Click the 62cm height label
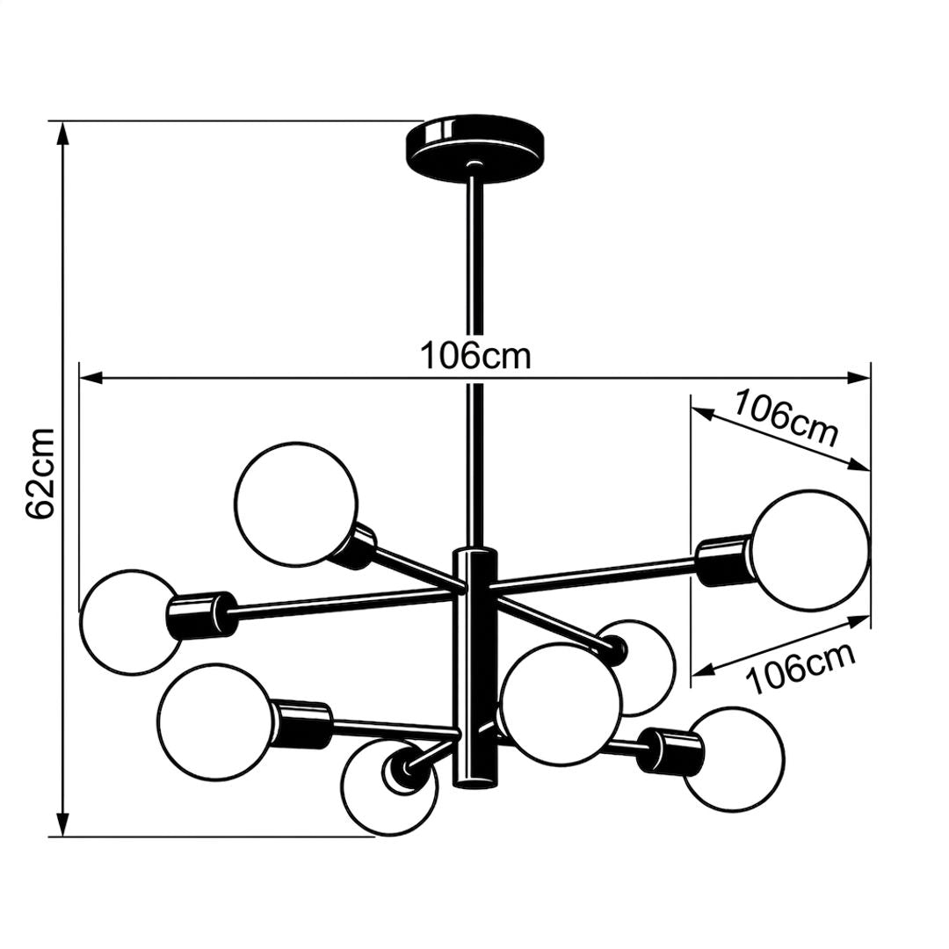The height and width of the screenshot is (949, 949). click(41, 473)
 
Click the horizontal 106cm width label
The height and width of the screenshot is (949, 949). click(475, 355)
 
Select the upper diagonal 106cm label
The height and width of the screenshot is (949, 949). click(786, 417)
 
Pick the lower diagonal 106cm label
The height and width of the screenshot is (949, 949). click(801, 668)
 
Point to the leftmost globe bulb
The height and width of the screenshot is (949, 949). click(131, 621)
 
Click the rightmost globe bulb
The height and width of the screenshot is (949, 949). click(810, 549)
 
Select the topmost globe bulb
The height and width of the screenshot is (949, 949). click(296, 504)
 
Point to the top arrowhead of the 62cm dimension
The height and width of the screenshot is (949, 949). click(62, 133)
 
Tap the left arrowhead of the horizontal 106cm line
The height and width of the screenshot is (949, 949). click(91, 378)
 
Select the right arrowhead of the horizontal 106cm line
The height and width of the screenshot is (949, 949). click(858, 378)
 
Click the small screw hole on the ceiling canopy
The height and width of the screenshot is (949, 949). click(475, 163)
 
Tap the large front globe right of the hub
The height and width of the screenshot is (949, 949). click(561, 704)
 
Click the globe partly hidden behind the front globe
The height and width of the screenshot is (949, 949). click(647, 667)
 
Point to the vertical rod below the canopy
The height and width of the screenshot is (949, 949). click(475, 362)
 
